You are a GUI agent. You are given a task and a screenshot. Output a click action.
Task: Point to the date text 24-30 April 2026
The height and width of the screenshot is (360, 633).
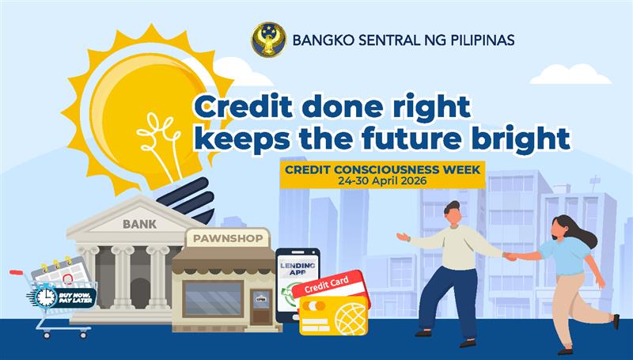[381, 180]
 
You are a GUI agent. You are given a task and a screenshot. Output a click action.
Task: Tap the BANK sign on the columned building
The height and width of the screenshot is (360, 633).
[139, 224]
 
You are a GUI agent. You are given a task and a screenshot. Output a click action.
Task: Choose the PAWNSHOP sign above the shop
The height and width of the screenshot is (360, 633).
[222, 237]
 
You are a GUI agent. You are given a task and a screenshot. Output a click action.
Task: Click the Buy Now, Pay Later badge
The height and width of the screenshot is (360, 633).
[65, 297]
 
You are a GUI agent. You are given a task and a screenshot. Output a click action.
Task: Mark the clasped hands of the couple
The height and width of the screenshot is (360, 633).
[511, 256]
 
